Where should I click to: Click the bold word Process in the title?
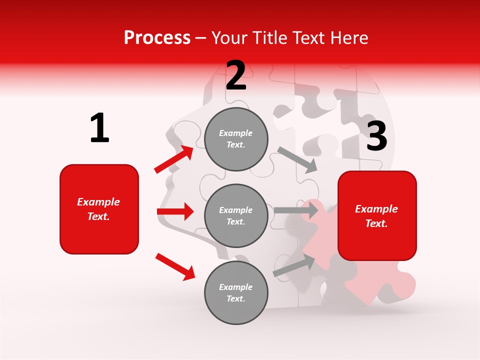pyautogui.click(x=157, y=38)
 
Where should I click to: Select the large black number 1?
pyautogui.click(x=99, y=128)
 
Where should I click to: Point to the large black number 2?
pyautogui.click(x=236, y=75)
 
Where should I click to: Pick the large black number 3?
pyautogui.click(x=376, y=136)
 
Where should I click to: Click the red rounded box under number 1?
pyautogui.click(x=99, y=209)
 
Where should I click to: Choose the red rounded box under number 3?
pyautogui.click(x=377, y=216)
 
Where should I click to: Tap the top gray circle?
pyautogui.click(x=236, y=139)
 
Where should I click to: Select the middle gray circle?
pyautogui.click(x=236, y=215)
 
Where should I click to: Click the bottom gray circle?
pyautogui.click(x=236, y=292)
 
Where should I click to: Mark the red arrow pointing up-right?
pyautogui.click(x=174, y=159)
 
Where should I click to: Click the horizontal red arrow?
pyautogui.click(x=175, y=211)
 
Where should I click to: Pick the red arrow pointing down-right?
pyautogui.click(x=175, y=266)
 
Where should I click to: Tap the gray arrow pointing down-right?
pyautogui.click(x=297, y=159)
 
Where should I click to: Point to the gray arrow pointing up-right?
pyautogui.click(x=294, y=265)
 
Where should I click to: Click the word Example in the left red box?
pyautogui.click(x=98, y=202)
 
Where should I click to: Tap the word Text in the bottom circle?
pyautogui.click(x=235, y=298)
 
